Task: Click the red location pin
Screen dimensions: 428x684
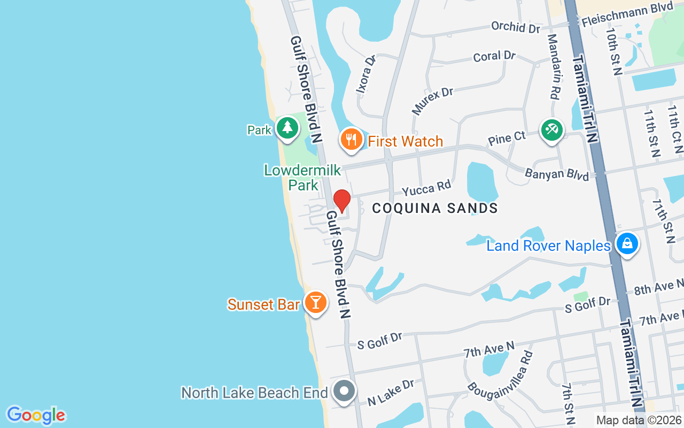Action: (x=342, y=201)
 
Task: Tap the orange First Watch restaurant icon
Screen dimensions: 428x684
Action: (x=351, y=140)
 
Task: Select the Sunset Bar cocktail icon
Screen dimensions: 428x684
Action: (x=315, y=303)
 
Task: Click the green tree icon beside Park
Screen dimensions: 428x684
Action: (x=287, y=128)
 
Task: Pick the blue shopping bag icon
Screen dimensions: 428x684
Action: (x=627, y=244)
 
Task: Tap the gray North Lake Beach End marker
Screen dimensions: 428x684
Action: (x=345, y=391)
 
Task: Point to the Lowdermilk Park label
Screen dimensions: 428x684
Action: (x=302, y=178)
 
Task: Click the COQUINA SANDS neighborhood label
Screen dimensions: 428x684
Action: (x=435, y=208)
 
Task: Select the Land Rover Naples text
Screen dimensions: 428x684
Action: (x=548, y=246)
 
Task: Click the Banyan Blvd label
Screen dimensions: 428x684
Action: (x=556, y=174)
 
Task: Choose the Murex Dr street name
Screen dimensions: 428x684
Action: (x=432, y=101)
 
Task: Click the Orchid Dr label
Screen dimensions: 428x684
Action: (x=516, y=27)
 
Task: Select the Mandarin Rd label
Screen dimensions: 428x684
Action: (x=554, y=67)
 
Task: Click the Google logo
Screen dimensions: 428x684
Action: (x=36, y=415)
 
